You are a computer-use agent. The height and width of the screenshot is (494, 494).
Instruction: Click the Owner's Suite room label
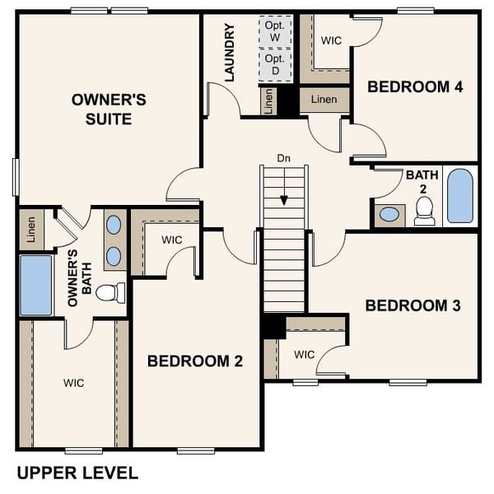109,110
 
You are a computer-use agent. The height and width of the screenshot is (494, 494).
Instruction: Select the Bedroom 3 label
412,305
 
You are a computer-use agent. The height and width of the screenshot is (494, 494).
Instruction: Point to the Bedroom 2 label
195,361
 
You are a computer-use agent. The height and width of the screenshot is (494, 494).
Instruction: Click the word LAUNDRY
230,53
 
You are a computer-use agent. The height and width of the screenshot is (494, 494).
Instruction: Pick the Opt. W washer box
275,31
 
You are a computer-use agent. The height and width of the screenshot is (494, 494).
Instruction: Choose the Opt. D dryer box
275,65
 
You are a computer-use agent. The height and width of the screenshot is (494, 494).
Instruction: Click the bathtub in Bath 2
460,196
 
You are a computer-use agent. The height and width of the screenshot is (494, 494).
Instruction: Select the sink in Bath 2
389,215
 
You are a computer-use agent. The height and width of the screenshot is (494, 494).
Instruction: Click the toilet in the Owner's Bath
110,292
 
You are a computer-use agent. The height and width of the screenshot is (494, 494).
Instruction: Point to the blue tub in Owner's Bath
35,285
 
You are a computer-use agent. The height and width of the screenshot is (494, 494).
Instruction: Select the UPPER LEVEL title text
77,473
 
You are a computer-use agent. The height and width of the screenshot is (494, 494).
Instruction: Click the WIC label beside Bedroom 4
331,40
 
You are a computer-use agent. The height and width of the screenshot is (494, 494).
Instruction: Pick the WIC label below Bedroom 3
304,355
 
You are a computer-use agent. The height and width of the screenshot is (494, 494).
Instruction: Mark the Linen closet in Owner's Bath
31,229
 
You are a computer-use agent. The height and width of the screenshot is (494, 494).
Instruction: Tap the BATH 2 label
416,181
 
